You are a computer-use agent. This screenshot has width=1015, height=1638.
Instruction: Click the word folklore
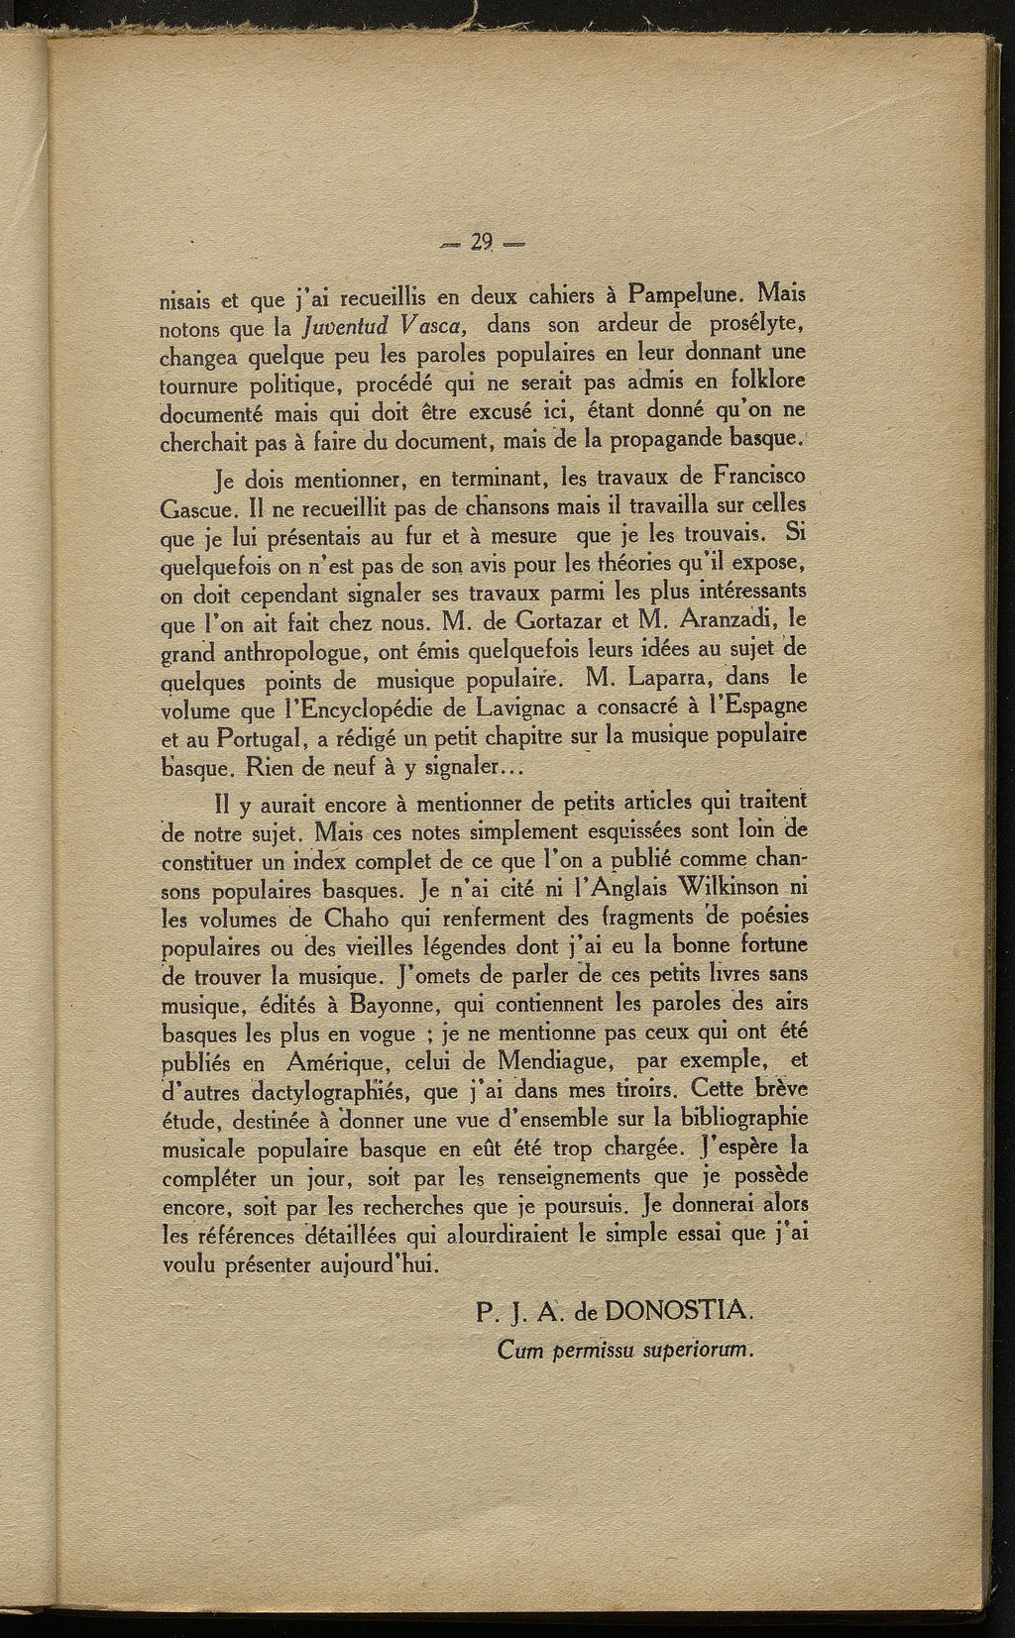pyautogui.click(x=759, y=380)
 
